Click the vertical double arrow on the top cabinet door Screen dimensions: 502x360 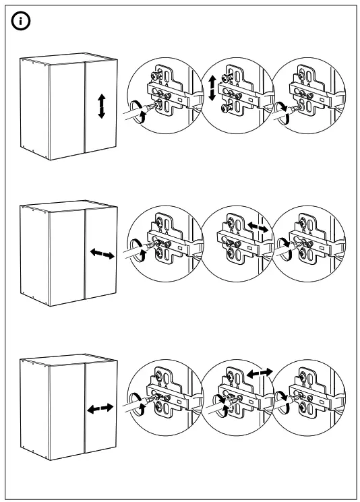(x=102, y=106)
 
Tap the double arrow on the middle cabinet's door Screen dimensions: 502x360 (x=102, y=254)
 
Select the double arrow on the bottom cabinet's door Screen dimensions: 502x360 (x=100, y=409)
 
